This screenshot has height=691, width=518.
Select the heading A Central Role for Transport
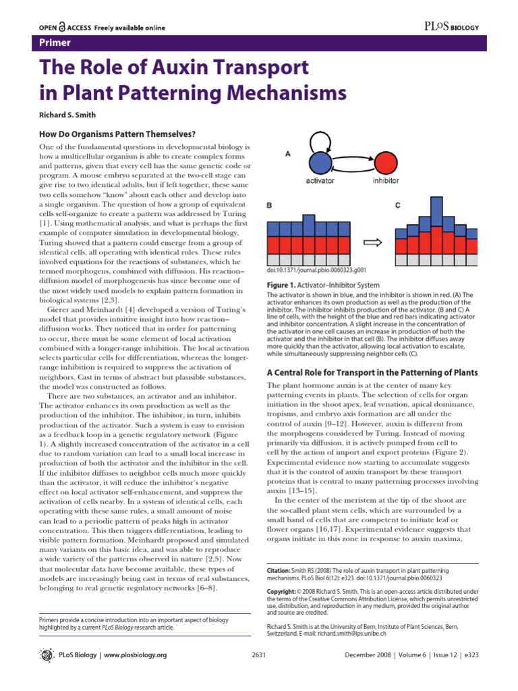click(372, 372)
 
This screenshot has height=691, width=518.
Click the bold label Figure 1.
click(283, 285)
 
